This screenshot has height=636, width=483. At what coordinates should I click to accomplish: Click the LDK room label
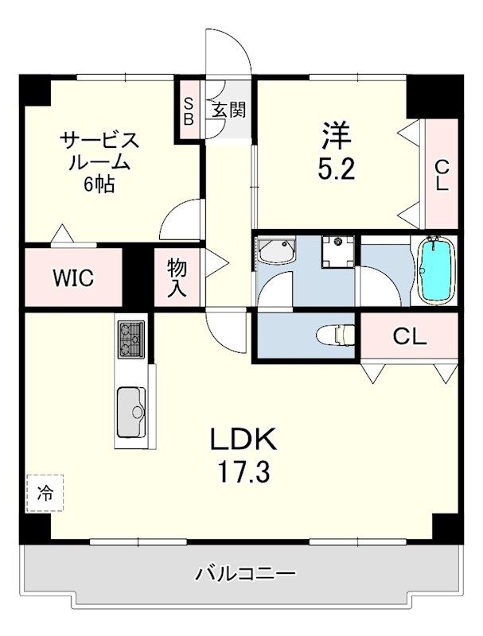(x=243, y=440)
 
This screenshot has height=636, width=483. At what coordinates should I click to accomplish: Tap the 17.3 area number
(x=243, y=471)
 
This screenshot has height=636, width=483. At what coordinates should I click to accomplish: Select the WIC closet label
(x=73, y=277)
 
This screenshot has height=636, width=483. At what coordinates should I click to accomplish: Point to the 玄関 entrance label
(x=229, y=110)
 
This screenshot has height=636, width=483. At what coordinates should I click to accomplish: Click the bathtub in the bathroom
(x=436, y=270)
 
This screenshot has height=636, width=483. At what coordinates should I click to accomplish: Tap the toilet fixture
(x=335, y=335)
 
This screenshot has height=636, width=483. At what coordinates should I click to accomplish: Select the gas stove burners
(x=131, y=339)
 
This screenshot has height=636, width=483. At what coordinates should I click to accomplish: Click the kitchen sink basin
(x=131, y=412)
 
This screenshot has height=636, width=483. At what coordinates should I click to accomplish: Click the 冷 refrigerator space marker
(x=45, y=493)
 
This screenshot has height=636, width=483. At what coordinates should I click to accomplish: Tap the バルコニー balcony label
(x=246, y=574)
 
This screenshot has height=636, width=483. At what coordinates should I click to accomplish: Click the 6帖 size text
(x=99, y=185)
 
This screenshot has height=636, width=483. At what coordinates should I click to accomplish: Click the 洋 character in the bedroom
(x=337, y=136)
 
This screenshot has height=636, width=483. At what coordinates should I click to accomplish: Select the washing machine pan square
(x=338, y=252)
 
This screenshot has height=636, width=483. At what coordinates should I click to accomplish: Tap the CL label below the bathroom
(x=410, y=336)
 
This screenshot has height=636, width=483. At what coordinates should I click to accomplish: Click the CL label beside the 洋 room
(x=442, y=175)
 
